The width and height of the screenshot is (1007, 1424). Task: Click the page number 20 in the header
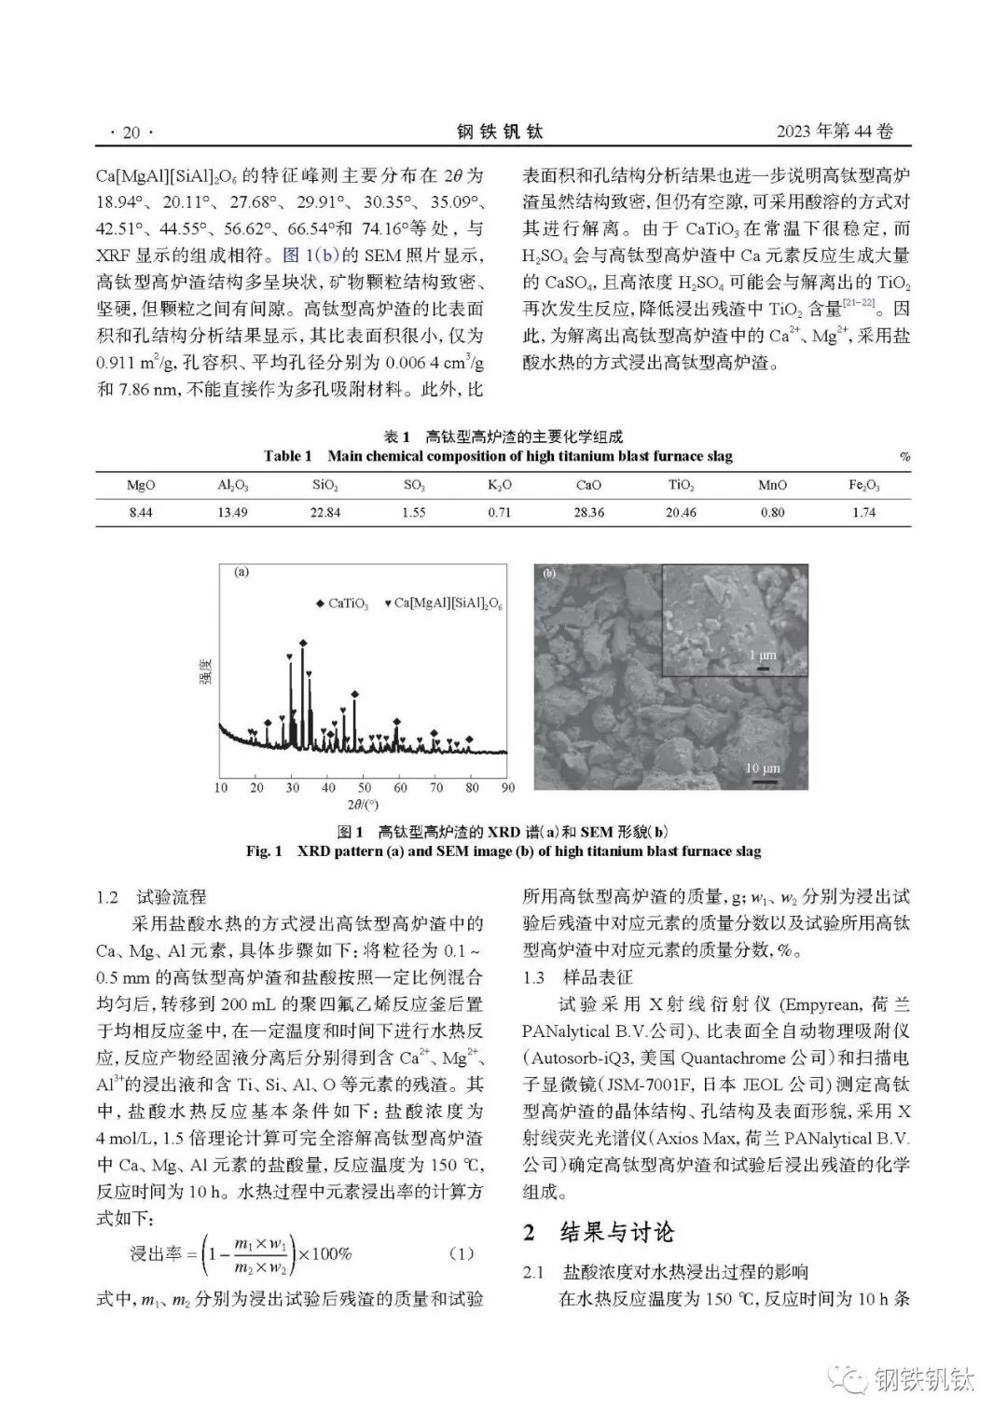tap(131, 132)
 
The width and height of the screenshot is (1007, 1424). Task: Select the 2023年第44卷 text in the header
tap(835, 131)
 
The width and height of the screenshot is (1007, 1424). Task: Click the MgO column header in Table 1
tap(141, 485)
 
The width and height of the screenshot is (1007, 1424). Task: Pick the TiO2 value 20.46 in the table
tap(682, 512)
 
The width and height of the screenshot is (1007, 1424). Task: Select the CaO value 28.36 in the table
tap(588, 512)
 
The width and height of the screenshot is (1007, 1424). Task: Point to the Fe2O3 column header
tap(863, 485)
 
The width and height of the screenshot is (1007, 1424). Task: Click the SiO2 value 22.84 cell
tap(324, 512)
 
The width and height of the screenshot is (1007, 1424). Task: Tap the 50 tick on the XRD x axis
tap(365, 788)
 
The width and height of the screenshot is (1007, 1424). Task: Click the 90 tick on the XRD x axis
tap(507, 788)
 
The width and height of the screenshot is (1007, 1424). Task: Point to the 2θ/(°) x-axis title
tap(364, 804)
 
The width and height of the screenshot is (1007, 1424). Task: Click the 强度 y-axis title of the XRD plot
tap(203, 673)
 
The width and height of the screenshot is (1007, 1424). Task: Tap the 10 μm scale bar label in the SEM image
tap(762, 768)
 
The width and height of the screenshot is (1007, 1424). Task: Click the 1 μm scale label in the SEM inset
tap(762, 656)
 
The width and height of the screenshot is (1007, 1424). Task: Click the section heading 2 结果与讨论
tap(598, 1231)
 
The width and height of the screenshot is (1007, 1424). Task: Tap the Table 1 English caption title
tap(498, 456)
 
